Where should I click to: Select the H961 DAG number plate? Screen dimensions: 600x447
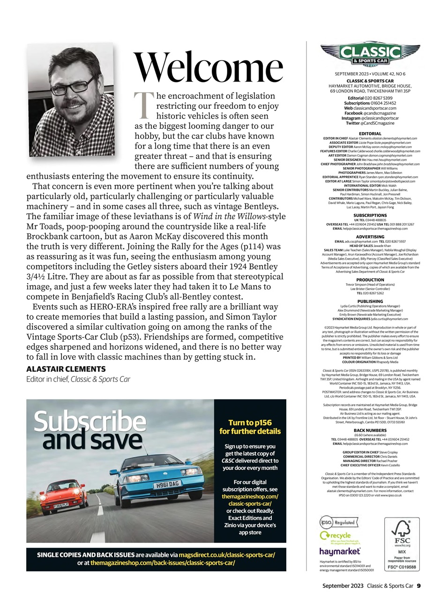tap(167, 484)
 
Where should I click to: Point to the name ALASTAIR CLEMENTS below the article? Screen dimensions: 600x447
tap(66, 369)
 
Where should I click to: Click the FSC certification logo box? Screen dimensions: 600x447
tap(402, 544)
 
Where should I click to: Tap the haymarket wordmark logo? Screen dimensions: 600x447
tap(340, 551)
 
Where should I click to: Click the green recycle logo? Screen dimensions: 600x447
tap(335, 535)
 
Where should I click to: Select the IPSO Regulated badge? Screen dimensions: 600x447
tap(337, 522)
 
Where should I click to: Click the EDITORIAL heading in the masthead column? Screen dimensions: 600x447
tap(370, 134)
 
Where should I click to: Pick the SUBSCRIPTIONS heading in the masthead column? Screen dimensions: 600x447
tap(370, 215)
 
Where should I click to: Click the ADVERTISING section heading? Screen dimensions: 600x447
tap(370, 237)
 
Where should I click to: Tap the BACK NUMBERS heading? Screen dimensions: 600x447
tap(370, 430)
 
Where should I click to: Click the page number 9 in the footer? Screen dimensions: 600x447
tap(419, 585)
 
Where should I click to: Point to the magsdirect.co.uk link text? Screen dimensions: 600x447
tap(227, 555)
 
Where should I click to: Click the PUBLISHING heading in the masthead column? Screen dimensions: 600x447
tap(370, 301)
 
